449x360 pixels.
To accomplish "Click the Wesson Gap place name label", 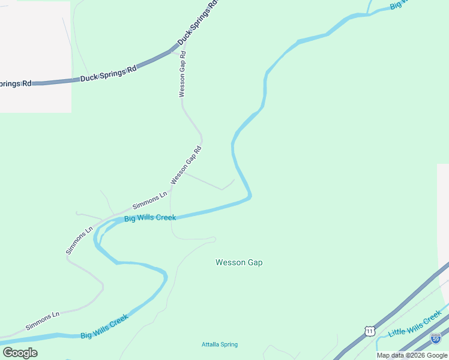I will tap(239, 262).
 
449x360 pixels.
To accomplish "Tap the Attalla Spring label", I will tap(219, 344).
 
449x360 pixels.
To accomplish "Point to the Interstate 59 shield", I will tap(436, 338).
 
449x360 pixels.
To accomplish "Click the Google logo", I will tap(20, 353).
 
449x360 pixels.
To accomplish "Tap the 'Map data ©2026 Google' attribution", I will tap(412, 355).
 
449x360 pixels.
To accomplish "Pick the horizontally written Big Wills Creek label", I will tap(150, 217).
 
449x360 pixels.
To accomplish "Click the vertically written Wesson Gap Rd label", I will tap(182, 74).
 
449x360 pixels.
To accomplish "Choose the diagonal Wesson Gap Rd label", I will tap(186, 165).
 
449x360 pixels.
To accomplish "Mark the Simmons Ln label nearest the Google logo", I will tap(42, 320).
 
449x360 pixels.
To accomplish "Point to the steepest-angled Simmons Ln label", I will tap(80, 240).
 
